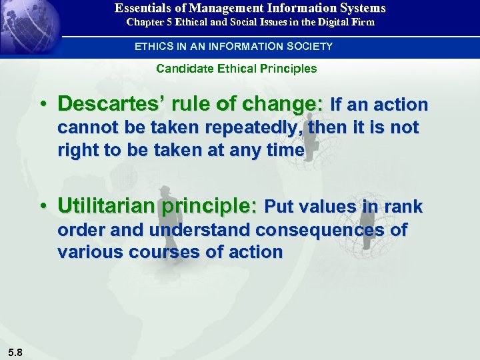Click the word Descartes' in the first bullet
click(103, 104)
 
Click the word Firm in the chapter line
click(364, 22)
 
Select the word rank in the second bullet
click(403, 207)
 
